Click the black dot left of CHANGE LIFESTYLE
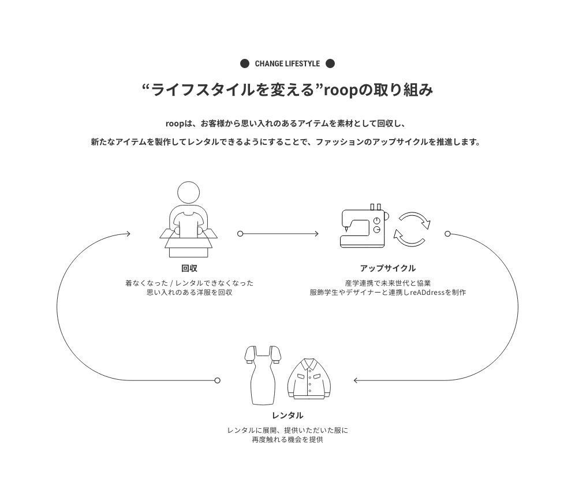pos(245,63)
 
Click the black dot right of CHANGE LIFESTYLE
pos(330,63)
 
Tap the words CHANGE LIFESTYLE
pos(287,63)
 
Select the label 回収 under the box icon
pos(189,268)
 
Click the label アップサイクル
pos(387,268)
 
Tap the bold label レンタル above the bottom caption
pos(287,416)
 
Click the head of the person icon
pos(188,193)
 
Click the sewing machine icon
pos(363,226)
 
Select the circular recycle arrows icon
pos(412,229)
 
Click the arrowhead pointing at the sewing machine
pos(316,234)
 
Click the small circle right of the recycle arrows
pos(447,234)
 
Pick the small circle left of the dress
pos(217,380)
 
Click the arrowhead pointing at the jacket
pos(356,380)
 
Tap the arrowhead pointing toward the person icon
pos(128,234)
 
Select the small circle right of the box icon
pos(240,234)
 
